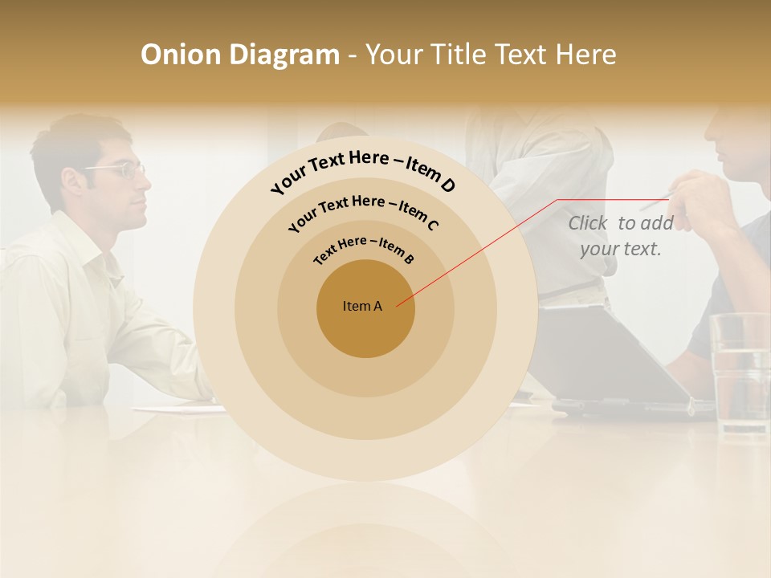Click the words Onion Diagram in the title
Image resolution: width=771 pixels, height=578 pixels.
239,55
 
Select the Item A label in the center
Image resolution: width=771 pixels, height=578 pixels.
362,306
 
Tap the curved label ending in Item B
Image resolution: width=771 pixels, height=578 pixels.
364,250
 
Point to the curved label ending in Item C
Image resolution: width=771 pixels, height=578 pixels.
363,212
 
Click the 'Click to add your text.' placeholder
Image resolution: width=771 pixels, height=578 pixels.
620,236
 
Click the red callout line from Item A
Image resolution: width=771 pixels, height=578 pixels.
482,249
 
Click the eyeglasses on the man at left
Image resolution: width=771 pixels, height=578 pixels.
120,170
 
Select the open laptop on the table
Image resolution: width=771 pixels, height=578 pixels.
618,361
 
